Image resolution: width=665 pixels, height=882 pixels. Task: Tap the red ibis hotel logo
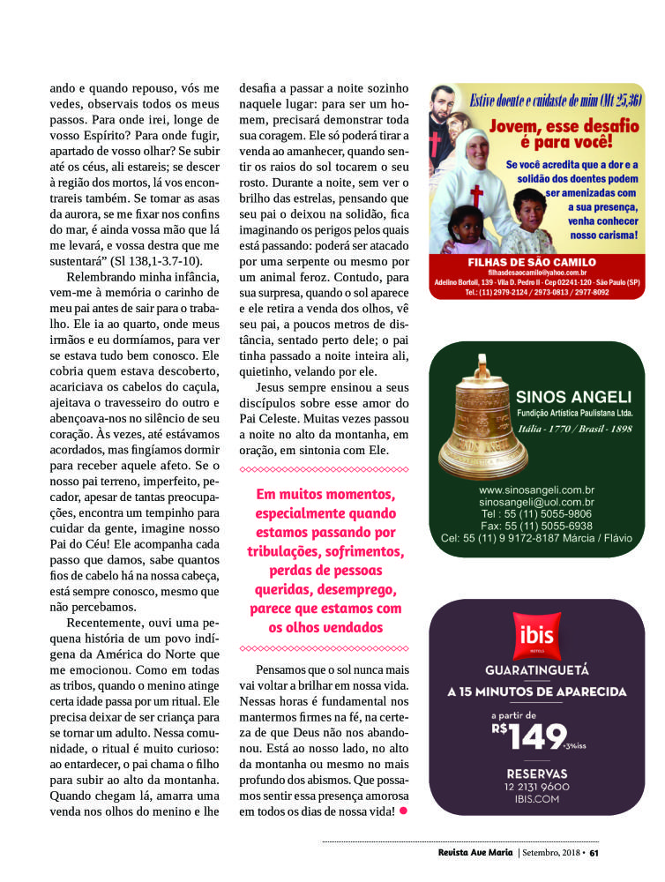[536, 634]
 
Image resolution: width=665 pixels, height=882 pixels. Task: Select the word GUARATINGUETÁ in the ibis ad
[536, 669]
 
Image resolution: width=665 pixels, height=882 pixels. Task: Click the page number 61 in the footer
[594, 852]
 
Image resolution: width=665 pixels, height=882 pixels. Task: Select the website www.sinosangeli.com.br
[536, 490]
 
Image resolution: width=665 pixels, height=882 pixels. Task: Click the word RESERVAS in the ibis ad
[536, 774]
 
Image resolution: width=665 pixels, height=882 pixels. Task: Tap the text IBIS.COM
[536, 799]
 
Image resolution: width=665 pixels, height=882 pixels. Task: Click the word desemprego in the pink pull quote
[360, 589]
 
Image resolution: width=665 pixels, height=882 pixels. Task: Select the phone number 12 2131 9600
[536, 787]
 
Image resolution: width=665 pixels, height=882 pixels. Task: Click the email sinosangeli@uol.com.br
[536, 502]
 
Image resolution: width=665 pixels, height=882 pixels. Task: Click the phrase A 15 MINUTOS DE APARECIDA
[536, 691]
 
